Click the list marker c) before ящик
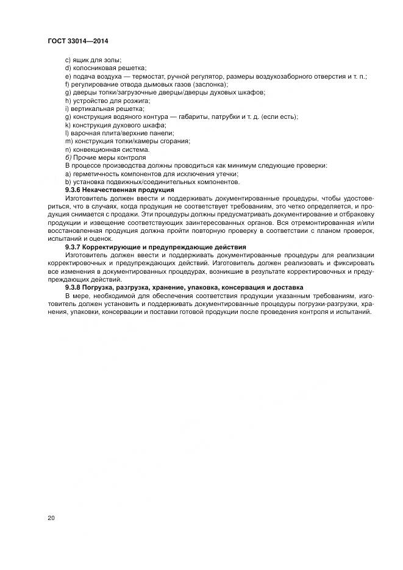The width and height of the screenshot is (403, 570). (x=68, y=60)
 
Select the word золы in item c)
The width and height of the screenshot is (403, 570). (x=111, y=60)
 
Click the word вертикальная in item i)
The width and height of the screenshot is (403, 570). (x=90, y=109)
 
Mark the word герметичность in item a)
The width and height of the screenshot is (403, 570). (x=95, y=173)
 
